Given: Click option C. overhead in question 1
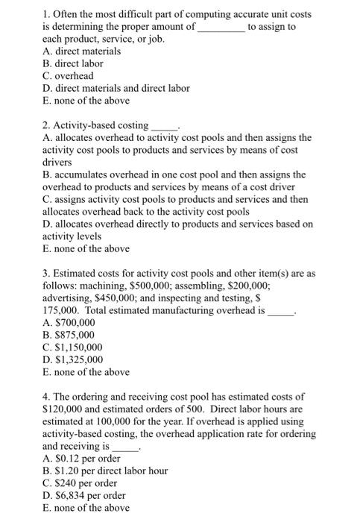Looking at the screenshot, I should (69, 76).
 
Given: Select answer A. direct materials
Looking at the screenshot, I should (83, 51).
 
